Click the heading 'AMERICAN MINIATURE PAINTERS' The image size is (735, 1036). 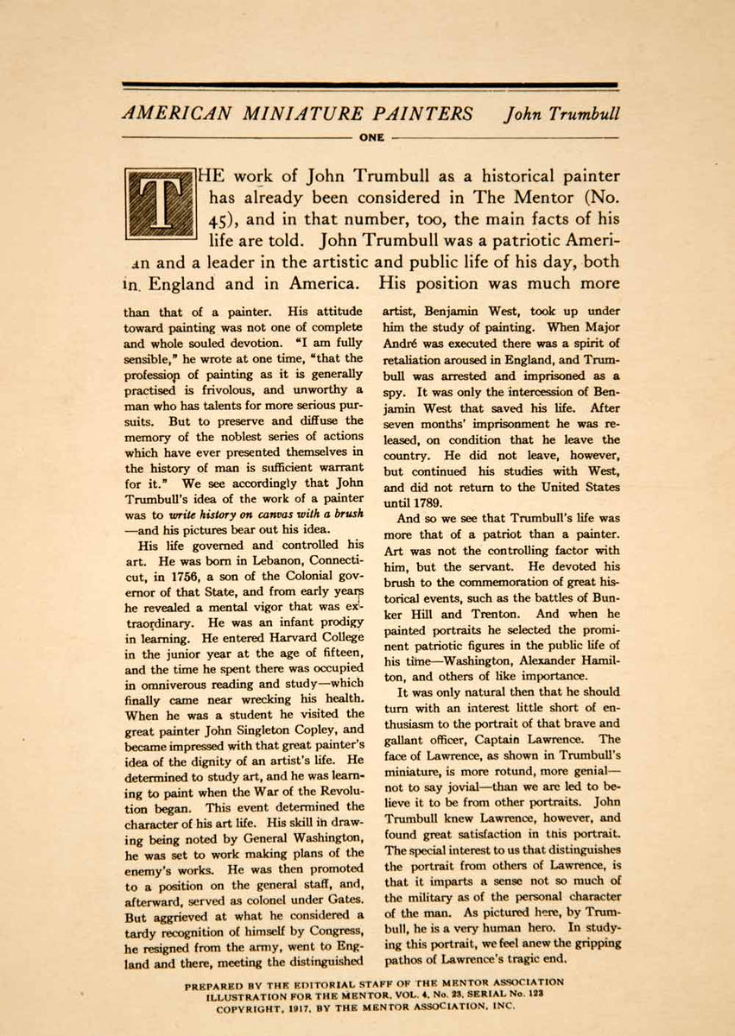(x=298, y=114)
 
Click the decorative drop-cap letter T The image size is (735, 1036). (x=161, y=204)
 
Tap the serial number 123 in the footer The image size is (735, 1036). (x=533, y=994)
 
